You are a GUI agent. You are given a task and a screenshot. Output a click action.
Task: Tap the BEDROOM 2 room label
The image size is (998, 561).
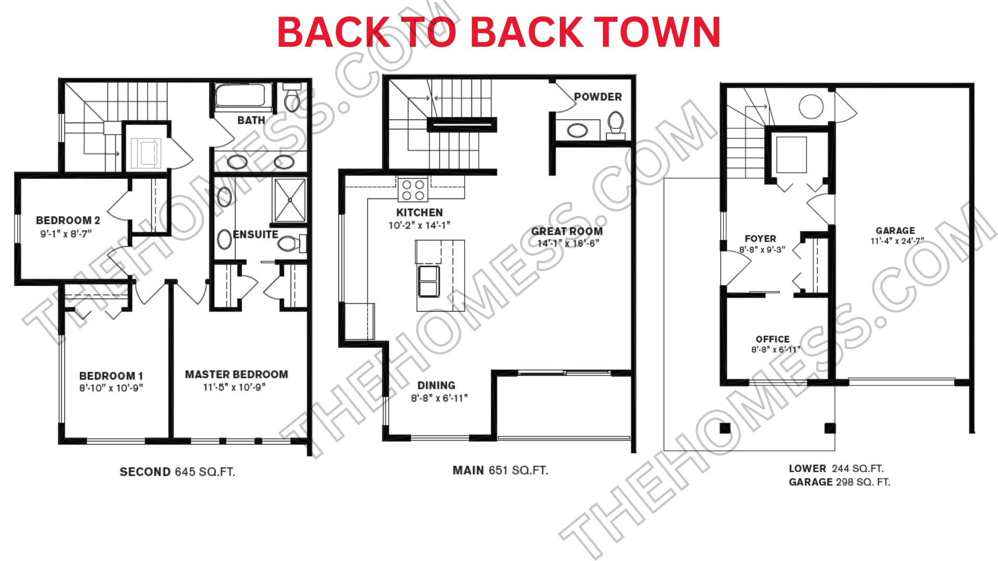click(x=68, y=220)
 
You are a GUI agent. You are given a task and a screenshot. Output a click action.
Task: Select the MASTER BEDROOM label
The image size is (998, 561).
click(x=237, y=375)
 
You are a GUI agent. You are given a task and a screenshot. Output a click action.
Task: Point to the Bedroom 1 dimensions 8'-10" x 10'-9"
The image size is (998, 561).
click(x=111, y=388)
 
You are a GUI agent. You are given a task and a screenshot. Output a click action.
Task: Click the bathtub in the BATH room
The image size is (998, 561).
click(x=240, y=96)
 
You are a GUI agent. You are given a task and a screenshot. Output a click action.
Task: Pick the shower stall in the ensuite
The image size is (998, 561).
click(x=290, y=201)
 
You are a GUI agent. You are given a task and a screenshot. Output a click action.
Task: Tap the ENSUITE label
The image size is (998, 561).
click(x=255, y=235)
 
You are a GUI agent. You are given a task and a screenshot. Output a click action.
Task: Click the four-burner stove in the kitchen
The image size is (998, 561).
click(x=413, y=190)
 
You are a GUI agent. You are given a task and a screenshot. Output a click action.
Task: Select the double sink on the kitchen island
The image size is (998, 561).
click(x=428, y=281)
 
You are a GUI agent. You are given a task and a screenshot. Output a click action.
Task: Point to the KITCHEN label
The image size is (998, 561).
click(x=419, y=212)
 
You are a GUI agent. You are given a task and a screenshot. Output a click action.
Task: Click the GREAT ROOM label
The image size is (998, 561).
click(x=567, y=232)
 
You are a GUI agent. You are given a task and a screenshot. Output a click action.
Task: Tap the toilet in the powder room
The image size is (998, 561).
click(x=615, y=125)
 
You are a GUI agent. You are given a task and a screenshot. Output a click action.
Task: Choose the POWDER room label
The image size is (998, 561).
click(x=598, y=97)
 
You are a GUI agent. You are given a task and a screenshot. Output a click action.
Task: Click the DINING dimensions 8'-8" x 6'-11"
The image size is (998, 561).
click(x=439, y=398)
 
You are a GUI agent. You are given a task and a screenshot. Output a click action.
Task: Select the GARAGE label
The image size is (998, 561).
click(x=895, y=231)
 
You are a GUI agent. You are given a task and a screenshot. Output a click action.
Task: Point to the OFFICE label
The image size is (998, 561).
click(x=772, y=339)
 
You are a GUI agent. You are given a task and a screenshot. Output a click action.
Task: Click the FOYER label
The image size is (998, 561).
click(x=760, y=239)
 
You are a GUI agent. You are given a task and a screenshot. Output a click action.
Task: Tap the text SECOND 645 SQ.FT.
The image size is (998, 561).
click(x=177, y=472)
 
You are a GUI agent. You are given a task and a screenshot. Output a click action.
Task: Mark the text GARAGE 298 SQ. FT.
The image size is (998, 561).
click(x=839, y=482)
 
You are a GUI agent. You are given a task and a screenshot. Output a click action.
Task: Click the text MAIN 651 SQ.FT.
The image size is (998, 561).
click(x=500, y=471)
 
